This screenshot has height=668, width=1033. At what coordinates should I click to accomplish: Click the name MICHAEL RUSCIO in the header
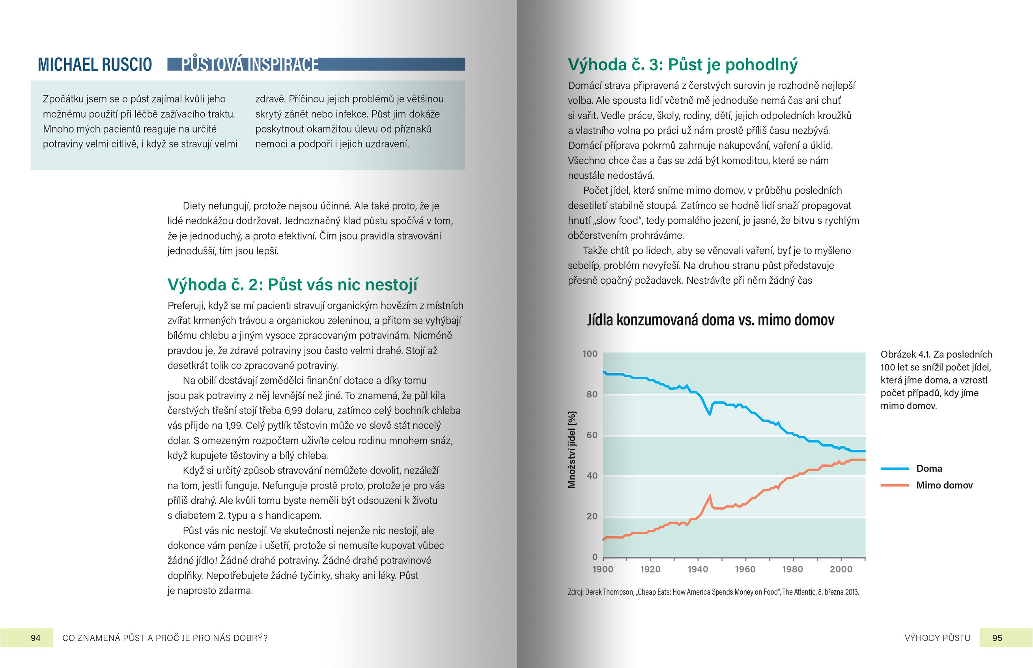[95, 65]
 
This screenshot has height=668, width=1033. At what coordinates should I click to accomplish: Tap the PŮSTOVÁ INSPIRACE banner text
[250, 64]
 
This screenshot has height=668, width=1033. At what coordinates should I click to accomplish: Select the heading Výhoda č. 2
[292, 284]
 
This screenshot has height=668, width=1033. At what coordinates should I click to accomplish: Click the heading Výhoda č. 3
[682, 65]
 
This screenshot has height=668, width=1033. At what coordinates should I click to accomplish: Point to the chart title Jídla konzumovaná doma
[710, 320]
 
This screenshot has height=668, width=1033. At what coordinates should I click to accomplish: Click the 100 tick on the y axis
[590, 354]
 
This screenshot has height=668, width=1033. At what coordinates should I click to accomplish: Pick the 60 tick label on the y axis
[592, 435]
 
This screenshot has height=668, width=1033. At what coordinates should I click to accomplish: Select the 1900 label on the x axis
[603, 569]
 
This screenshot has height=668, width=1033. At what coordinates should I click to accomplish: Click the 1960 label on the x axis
[745, 569]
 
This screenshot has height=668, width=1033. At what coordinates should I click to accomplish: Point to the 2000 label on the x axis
[841, 569]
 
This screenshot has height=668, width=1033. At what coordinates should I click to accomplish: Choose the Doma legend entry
[928, 468]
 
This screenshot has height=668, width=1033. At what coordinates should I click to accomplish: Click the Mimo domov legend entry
[944, 485]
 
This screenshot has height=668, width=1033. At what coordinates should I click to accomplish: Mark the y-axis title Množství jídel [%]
[572, 450]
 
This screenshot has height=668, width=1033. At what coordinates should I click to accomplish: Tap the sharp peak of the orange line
[710, 496]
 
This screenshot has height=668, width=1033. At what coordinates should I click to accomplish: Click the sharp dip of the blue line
[710, 414]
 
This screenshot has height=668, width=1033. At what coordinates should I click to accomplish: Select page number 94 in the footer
[35, 638]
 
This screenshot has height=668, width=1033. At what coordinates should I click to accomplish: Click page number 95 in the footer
[997, 638]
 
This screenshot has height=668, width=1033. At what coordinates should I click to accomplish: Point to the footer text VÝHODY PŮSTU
[937, 638]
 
